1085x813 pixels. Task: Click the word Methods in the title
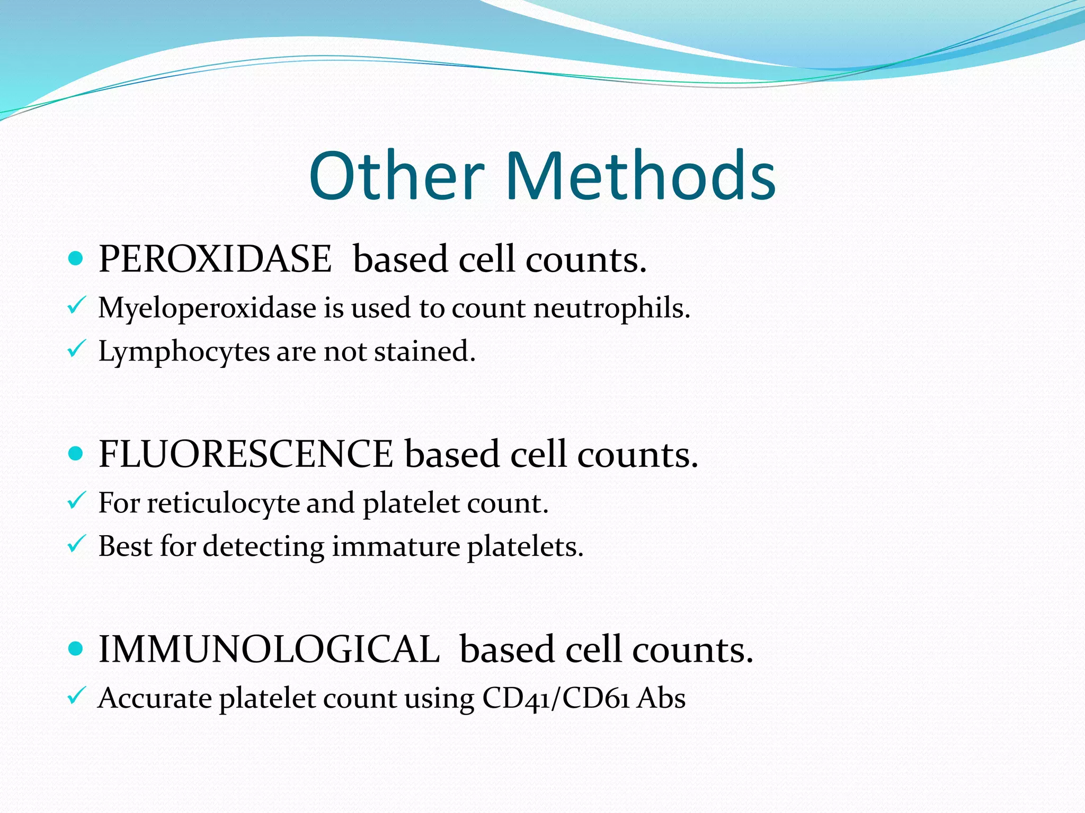click(641, 176)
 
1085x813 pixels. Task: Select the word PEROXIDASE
click(215, 259)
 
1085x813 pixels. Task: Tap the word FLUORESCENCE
click(246, 454)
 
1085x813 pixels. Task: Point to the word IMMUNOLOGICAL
click(269, 649)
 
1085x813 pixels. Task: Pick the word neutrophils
click(611, 308)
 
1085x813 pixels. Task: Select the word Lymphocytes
click(184, 351)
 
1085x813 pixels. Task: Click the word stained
click(425, 351)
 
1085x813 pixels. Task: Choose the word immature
click(396, 546)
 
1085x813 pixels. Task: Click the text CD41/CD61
click(556, 698)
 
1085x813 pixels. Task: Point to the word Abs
click(661, 698)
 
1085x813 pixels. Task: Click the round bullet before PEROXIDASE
click(76, 259)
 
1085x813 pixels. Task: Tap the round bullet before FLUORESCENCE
click(76, 454)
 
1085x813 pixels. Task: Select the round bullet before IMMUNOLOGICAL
click(76, 649)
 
